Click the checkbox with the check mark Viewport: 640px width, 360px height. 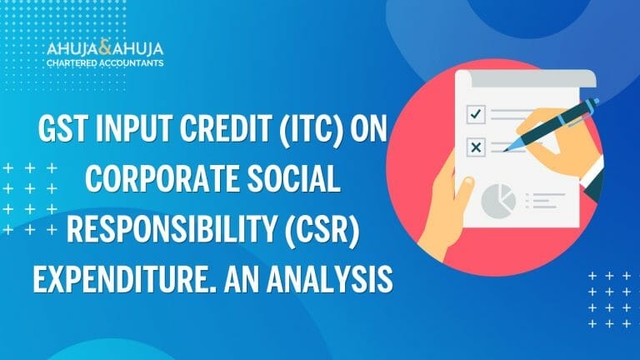[476, 114]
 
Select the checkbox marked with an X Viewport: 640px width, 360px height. [477, 147]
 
